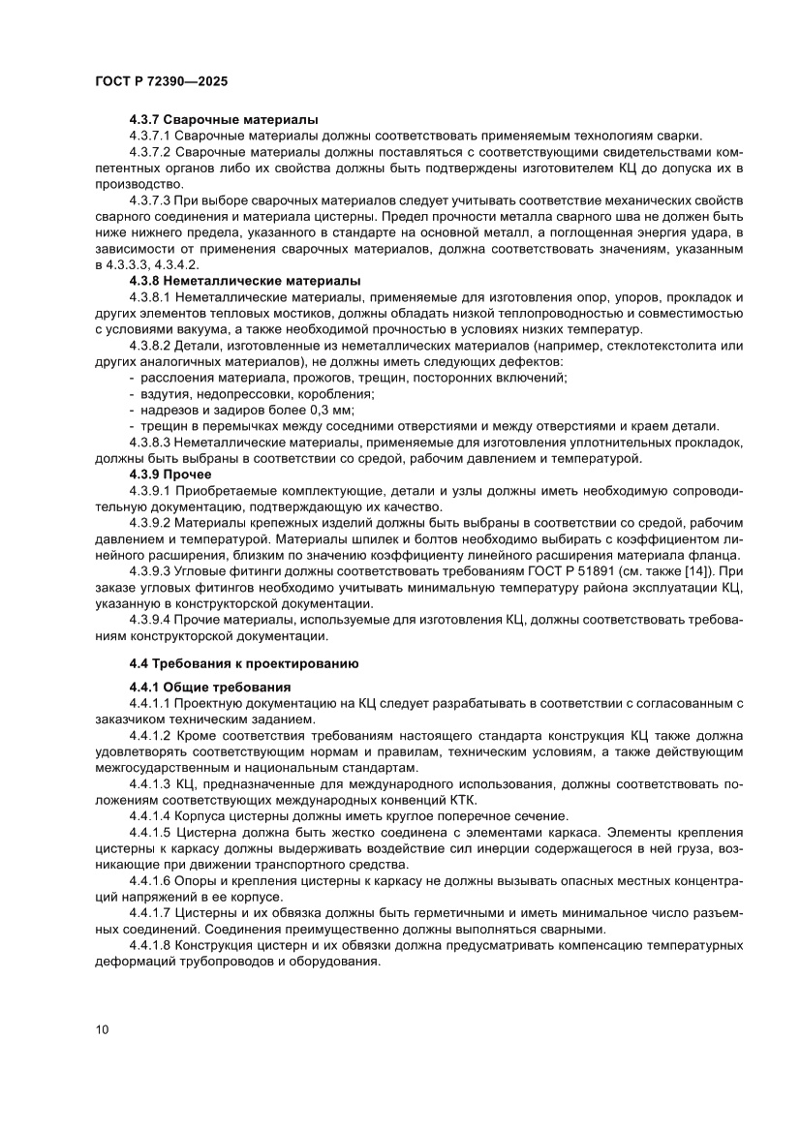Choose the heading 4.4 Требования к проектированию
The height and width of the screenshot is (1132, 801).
pyautogui.click(x=244, y=663)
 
